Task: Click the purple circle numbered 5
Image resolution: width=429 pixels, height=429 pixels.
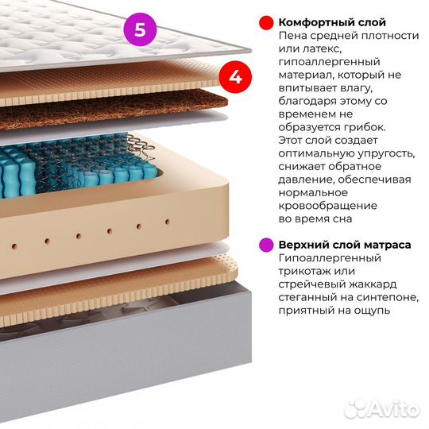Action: (140, 29)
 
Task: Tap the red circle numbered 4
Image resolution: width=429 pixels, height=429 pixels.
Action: (235, 77)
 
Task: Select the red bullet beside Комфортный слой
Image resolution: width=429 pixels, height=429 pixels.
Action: (266, 23)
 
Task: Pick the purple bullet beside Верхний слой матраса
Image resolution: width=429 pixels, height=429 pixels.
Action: (266, 245)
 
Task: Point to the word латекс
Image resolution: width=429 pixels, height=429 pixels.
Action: (323, 48)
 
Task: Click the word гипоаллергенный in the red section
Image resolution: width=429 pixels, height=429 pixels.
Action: (330, 62)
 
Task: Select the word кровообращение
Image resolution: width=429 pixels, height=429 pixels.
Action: (328, 206)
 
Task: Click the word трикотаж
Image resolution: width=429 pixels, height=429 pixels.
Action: (305, 271)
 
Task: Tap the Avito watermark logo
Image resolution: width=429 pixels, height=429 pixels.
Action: (382, 409)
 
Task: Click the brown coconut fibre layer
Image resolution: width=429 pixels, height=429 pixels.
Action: (115, 110)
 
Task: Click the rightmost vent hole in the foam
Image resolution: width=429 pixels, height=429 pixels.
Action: (168, 222)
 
